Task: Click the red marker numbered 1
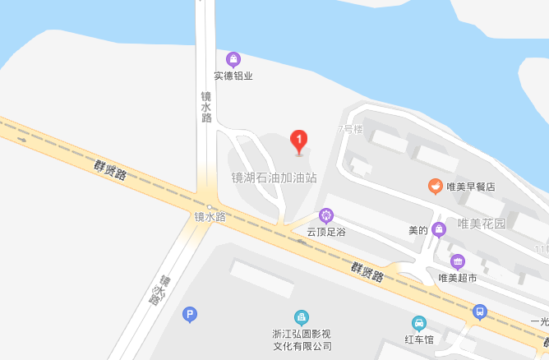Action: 300,141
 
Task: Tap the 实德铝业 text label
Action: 233,76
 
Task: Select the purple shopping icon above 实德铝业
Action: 233,59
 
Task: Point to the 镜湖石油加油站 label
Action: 274,177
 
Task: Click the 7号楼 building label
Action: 350,129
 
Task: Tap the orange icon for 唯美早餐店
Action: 435,187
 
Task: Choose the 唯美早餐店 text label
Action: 471,187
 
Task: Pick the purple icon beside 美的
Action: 439,228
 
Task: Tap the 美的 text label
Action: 418,229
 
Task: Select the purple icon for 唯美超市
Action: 458,261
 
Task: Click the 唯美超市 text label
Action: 458,278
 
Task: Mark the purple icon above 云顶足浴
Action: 326,215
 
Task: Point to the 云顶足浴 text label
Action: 326,232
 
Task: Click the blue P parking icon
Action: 190,313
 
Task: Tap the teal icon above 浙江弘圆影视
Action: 302,317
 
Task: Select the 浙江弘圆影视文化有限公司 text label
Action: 302,340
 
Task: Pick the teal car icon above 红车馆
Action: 418,323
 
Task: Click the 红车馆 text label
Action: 418,339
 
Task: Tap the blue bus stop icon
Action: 480,312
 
